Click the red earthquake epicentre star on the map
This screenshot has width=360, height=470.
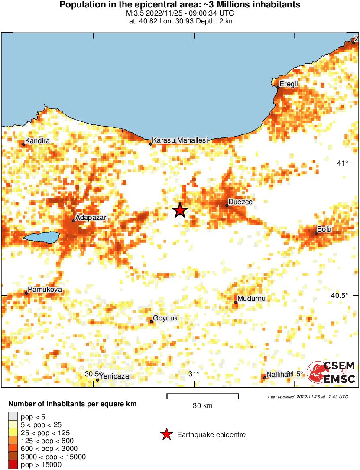(x=180, y=210)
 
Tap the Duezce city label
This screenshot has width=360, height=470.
(x=240, y=202)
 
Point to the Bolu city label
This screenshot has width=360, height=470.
(x=324, y=229)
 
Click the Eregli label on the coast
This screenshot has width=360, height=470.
(x=289, y=84)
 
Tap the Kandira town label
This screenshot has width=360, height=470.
(x=38, y=141)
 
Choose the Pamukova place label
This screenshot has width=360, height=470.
(x=45, y=290)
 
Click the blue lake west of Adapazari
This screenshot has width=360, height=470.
(x=41, y=237)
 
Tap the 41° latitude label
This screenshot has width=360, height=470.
(x=342, y=163)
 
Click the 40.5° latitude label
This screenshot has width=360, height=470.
(x=339, y=295)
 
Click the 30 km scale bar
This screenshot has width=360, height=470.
(x=202, y=395)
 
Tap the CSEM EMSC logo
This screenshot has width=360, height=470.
(x=331, y=372)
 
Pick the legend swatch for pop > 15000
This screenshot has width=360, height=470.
(x=13, y=464)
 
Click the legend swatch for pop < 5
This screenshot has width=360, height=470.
(x=13, y=416)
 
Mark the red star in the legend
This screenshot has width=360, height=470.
(x=166, y=434)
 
